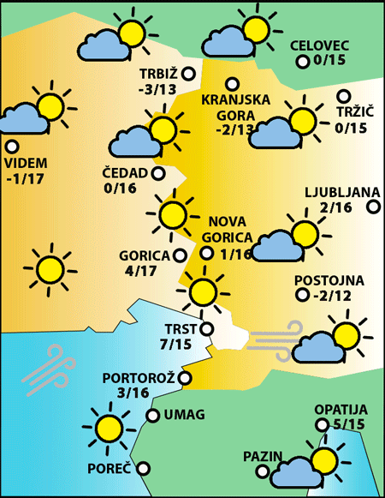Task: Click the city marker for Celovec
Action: tap(302, 62)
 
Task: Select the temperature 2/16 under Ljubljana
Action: tap(335, 207)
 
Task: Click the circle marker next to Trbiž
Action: tap(188, 73)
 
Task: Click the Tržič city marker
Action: tap(344, 96)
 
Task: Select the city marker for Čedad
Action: tap(157, 173)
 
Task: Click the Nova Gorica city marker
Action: tap(206, 253)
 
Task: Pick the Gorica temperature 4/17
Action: tap(139, 272)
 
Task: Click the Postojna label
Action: tap(329, 280)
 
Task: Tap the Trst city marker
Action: tap(206, 327)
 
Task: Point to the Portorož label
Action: tap(138, 378)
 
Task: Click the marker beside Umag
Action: tap(152, 416)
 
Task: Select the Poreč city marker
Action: tap(144, 469)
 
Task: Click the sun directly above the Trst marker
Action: tap(203, 291)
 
